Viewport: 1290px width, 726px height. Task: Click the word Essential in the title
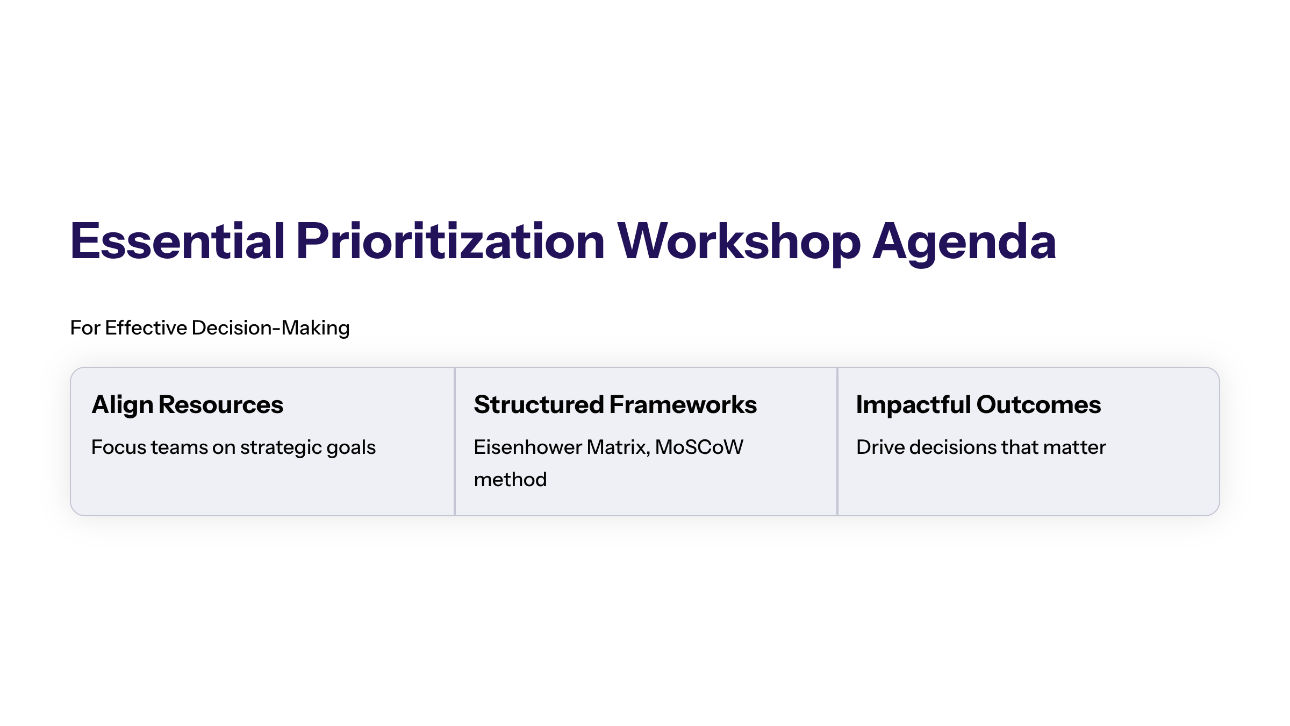177,242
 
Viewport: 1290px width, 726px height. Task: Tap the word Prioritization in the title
450,242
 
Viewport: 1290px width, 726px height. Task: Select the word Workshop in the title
739,242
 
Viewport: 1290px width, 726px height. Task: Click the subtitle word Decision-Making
270,328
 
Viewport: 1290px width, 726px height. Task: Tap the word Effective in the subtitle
146,328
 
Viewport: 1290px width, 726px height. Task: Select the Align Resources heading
187,405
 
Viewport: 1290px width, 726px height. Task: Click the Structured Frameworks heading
615,405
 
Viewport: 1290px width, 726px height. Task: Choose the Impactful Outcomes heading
978,405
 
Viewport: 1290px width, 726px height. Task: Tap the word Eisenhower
527,447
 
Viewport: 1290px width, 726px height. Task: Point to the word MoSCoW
699,447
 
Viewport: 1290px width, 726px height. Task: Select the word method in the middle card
510,480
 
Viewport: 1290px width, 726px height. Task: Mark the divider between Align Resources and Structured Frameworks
455,442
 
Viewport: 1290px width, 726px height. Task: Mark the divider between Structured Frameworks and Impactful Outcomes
837,442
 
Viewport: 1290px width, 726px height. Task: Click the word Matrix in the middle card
618,447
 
